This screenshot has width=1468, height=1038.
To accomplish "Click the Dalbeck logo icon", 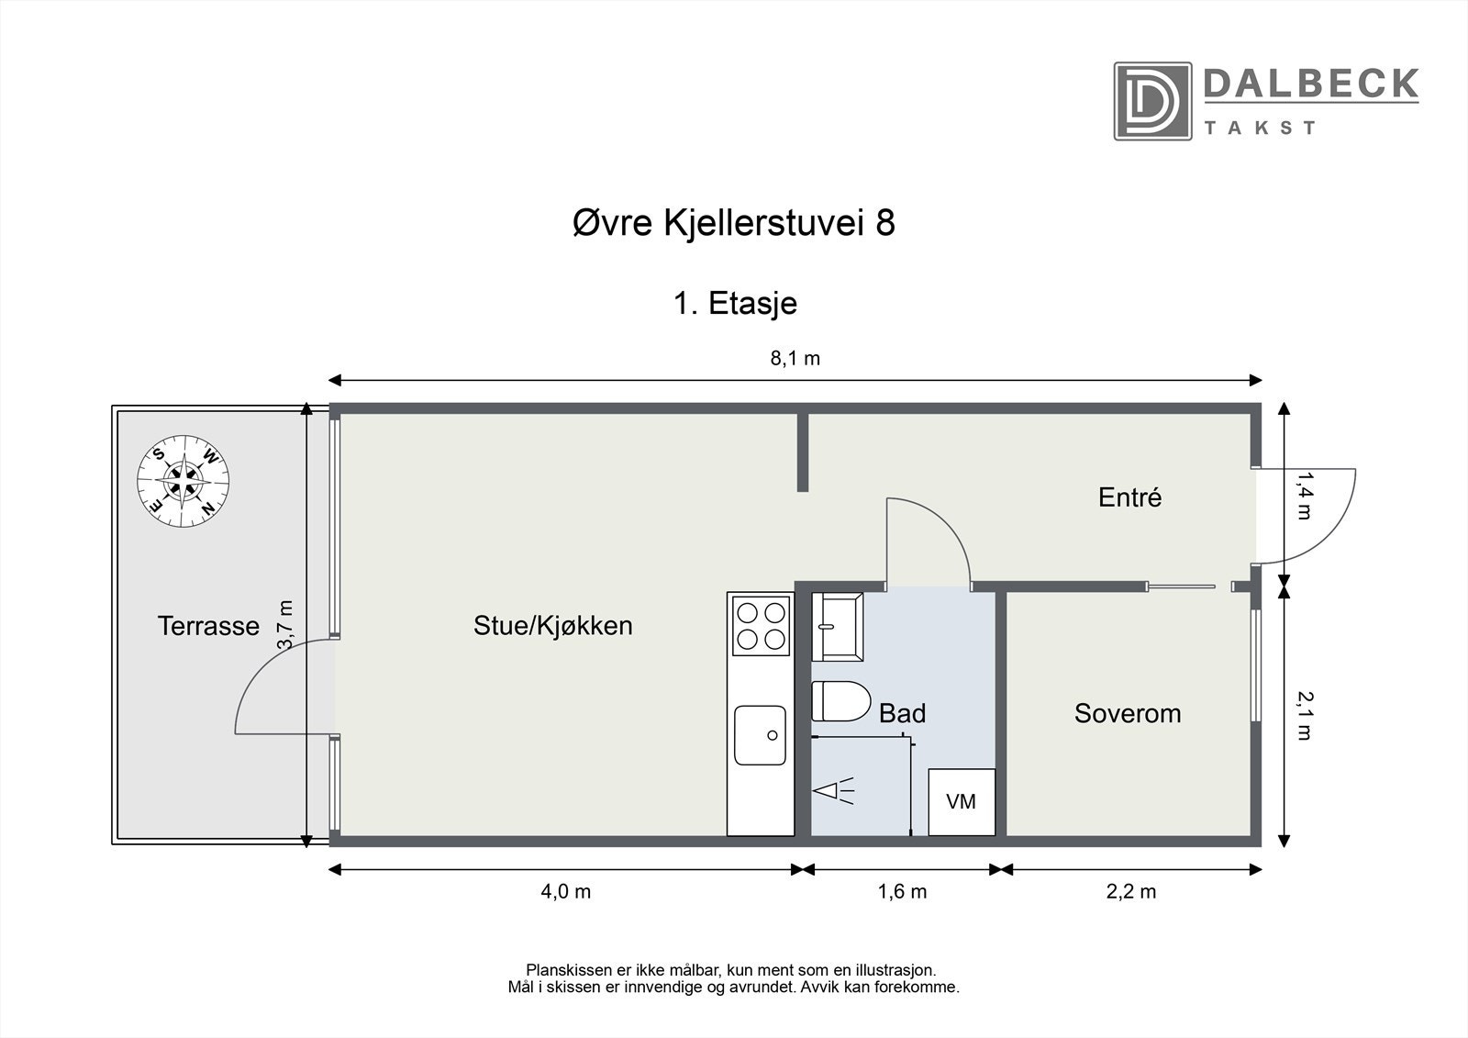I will [x=1152, y=101].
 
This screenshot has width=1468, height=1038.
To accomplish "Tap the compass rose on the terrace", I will [x=183, y=479].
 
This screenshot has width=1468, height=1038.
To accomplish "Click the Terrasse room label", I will [x=208, y=626].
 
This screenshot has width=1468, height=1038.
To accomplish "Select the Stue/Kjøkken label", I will [x=552, y=626].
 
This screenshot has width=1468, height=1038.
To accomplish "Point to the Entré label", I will [x=1129, y=497].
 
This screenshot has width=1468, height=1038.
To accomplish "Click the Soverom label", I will [x=1127, y=713].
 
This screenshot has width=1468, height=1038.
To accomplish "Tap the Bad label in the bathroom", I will [x=902, y=713].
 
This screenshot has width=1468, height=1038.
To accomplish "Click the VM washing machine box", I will [x=961, y=801].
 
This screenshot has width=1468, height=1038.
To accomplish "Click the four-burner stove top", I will [x=760, y=625].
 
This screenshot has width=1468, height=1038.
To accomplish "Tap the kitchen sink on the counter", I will [x=760, y=734].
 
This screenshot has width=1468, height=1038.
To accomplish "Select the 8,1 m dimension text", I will [x=795, y=359].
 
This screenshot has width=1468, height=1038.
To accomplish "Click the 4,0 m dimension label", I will [x=565, y=891].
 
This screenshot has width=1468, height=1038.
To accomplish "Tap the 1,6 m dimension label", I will [x=902, y=891].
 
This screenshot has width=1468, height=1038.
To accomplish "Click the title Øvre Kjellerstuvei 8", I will [x=733, y=223].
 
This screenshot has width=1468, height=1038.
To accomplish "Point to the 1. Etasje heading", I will [x=735, y=303].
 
